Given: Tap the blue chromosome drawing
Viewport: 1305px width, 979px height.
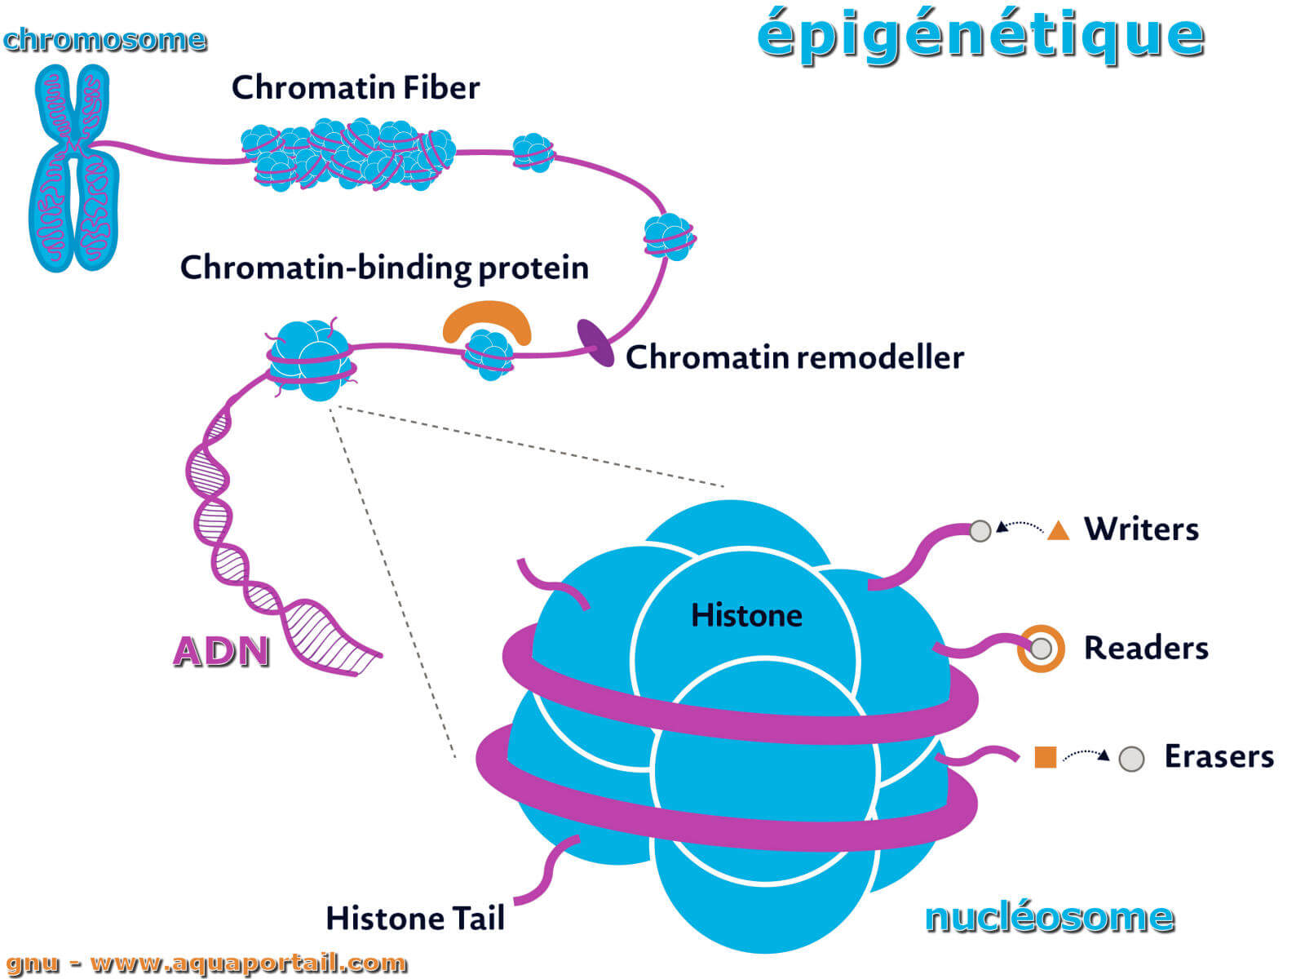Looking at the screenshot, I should [x=73, y=167].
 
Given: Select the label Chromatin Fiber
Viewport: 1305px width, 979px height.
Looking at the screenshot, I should [x=355, y=87].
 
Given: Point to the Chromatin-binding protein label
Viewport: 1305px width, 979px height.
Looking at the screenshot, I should [x=384, y=268].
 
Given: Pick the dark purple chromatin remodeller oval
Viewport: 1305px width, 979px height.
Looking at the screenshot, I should [x=595, y=343].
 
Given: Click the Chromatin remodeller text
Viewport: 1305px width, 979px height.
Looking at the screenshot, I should [x=794, y=357].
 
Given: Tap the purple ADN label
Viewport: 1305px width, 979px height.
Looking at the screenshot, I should [x=221, y=651].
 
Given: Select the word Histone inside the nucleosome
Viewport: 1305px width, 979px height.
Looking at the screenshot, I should [x=746, y=615].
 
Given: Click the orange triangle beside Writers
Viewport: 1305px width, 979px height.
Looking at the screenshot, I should [x=1058, y=531].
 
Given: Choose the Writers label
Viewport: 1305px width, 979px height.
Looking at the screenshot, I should [x=1141, y=529].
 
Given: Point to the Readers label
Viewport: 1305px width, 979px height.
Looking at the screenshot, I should [x=1146, y=648].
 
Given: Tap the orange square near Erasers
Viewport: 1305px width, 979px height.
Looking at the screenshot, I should [x=1045, y=757].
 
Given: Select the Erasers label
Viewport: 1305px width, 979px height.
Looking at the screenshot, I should [x=1219, y=756].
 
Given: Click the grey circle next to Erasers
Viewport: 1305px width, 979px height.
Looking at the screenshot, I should [x=1131, y=759].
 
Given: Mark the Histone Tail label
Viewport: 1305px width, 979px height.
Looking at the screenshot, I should [x=415, y=919].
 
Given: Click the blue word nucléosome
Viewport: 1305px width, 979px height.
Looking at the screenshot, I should [x=1049, y=917].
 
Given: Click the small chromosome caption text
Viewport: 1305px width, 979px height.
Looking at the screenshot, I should [x=104, y=39].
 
